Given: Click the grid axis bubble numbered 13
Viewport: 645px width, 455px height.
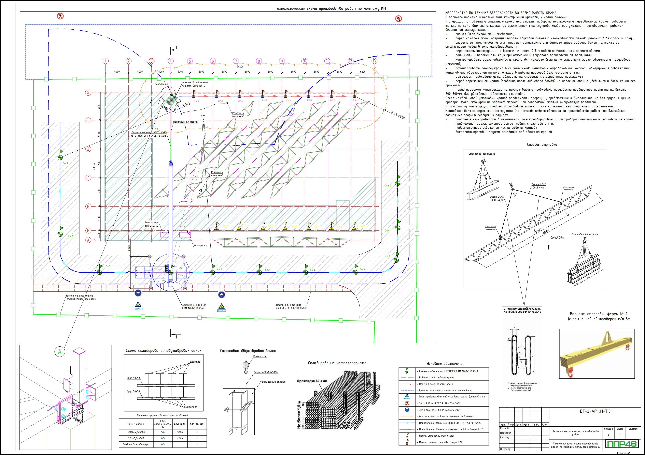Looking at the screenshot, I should [374, 61].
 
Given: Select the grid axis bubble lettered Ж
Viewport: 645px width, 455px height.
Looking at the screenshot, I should [88, 93].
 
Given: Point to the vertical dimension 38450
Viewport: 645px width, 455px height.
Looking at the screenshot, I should [94, 166].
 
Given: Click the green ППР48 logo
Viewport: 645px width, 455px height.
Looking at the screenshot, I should [622, 444].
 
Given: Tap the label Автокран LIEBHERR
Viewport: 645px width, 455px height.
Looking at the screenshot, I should [194, 305].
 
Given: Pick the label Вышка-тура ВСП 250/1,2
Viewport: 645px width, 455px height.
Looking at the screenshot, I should [152, 224].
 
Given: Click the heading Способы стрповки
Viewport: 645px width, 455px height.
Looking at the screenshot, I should [542, 145].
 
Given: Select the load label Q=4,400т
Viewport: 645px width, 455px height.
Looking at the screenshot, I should [557, 238].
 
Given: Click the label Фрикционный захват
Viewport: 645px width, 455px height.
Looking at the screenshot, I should [272, 382].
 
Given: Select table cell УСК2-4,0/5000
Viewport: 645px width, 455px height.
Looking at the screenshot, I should [136, 432].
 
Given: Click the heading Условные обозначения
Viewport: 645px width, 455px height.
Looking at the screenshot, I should [445, 364].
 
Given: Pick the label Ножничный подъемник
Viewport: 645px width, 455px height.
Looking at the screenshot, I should [195, 82].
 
